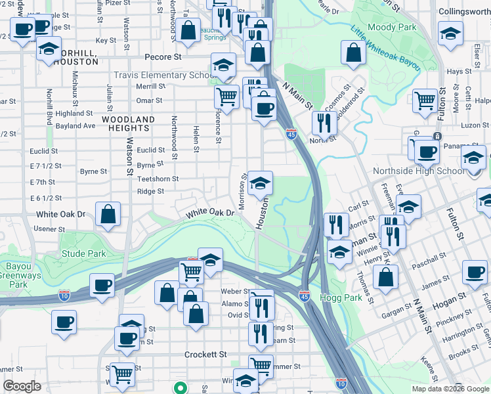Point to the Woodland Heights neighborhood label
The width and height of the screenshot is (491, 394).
[x=128, y=123]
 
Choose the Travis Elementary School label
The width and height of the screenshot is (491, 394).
[x=161, y=75]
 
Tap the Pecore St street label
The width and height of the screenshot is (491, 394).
[x=163, y=57]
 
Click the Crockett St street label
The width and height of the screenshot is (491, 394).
[x=205, y=354]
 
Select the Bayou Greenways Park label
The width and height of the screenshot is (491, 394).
[x=18, y=276]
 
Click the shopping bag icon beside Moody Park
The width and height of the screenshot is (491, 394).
[x=353, y=54]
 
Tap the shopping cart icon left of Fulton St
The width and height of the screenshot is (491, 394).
[x=425, y=101]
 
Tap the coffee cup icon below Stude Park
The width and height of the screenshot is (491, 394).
[x=102, y=286]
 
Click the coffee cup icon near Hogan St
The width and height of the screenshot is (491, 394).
[x=474, y=273]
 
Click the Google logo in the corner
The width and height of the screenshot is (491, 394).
[x=22, y=386]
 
